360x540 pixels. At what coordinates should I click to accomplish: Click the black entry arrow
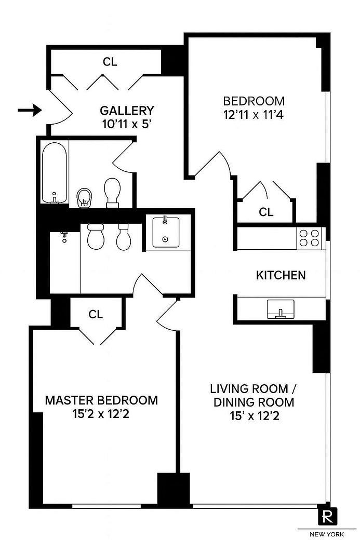(30, 110)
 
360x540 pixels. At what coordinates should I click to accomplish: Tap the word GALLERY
(127, 111)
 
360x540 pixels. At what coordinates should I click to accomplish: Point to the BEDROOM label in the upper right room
(254, 101)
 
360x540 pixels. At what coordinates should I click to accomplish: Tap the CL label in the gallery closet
(110, 62)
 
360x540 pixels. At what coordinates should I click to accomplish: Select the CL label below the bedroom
(266, 212)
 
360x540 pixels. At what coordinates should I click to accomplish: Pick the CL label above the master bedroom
(96, 314)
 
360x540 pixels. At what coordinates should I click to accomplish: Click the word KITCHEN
(281, 275)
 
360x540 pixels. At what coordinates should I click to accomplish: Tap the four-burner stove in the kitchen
(309, 238)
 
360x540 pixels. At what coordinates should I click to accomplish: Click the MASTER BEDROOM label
(101, 400)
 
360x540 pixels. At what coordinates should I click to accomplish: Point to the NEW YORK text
(327, 534)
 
